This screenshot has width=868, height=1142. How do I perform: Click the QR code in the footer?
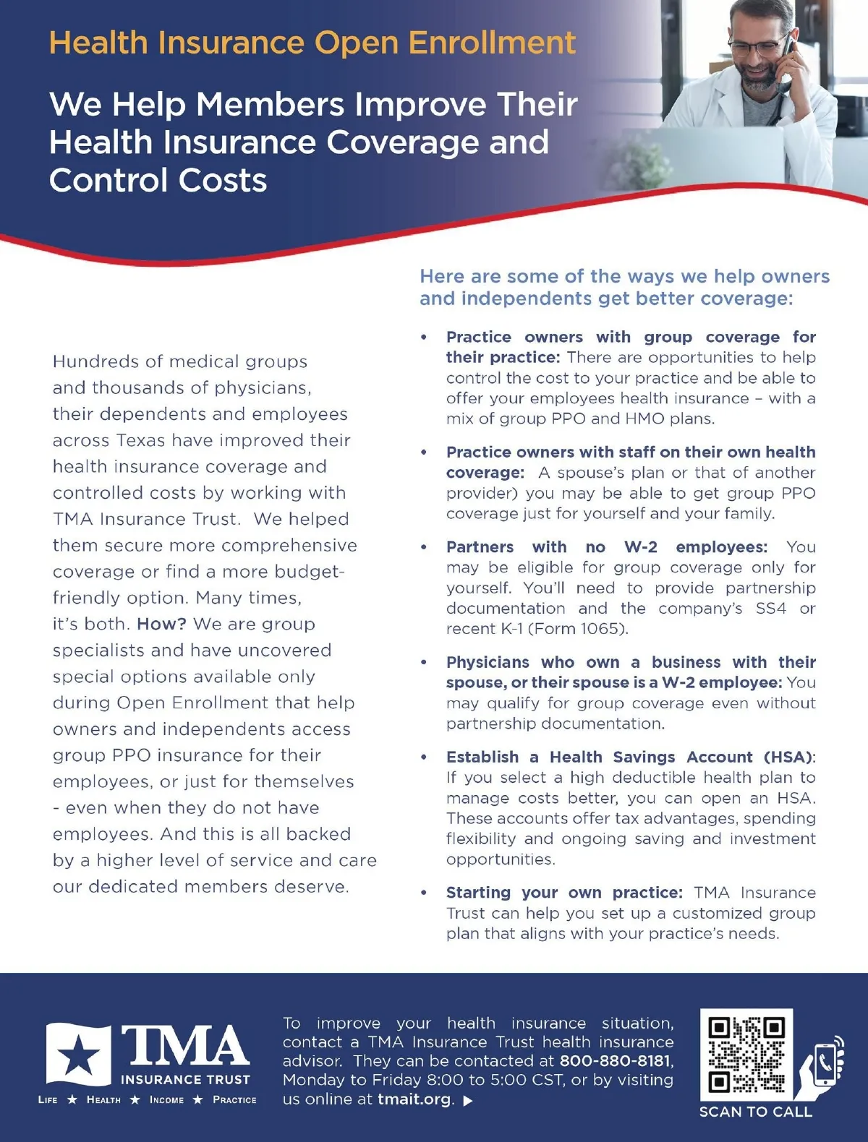pyautogui.click(x=746, y=1055)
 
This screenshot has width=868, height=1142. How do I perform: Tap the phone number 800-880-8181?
pyautogui.click(x=615, y=1061)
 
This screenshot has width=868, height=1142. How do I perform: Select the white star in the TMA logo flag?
pyautogui.click(x=79, y=1057)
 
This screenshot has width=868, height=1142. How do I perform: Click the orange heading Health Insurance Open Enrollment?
pyautogui.click(x=312, y=43)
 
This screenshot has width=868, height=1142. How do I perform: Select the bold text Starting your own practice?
pyautogui.click(x=564, y=893)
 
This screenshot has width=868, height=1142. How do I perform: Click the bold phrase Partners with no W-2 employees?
pyautogui.click(x=606, y=547)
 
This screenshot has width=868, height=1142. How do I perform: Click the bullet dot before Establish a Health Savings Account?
pyautogui.click(x=424, y=757)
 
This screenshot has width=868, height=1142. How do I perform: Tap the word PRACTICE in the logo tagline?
pyautogui.click(x=234, y=1100)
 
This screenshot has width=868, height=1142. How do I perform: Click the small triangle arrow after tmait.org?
pyautogui.click(x=468, y=1101)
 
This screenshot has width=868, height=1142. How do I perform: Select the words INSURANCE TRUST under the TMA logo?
pyautogui.click(x=185, y=1080)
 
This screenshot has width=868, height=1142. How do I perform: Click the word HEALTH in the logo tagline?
pyautogui.click(x=103, y=1100)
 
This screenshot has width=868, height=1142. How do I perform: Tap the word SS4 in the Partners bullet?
pyautogui.click(x=770, y=609)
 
